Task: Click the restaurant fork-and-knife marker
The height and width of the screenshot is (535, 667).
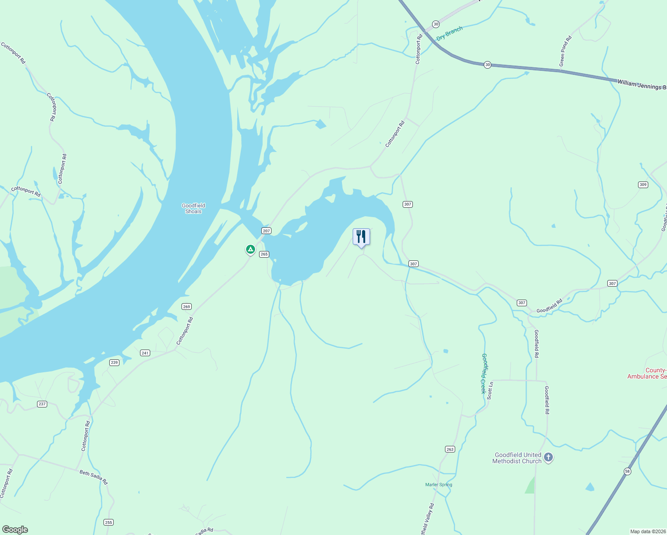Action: click(x=361, y=237)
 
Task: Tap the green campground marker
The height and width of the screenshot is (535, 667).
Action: click(x=251, y=249)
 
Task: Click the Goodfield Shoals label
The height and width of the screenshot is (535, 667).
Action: click(x=193, y=209)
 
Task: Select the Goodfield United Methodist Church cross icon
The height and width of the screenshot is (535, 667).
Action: click(x=548, y=457)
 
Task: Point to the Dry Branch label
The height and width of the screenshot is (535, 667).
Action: click(x=449, y=33)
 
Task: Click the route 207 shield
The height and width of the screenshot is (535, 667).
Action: click(x=266, y=231)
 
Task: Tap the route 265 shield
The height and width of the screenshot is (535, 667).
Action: click(x=264, y=254)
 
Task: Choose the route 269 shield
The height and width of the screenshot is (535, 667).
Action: click(x=186, y=306)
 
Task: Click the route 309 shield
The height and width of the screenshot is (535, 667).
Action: click(x=642, y=185)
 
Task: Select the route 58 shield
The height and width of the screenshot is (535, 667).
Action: click(x=627, y=471)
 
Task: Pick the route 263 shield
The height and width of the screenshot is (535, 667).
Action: click(x=450, y=449)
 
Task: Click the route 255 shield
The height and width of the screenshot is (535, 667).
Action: click(x=108, y=522)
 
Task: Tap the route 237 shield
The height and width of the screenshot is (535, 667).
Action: click(x=42, y=404)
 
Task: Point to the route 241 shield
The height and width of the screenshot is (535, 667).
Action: click(x=145, y=353)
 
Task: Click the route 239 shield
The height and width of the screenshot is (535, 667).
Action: click(x=115, y=362)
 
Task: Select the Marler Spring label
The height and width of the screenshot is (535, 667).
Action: click(x=439, y=485)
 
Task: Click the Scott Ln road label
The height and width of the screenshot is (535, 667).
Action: click(x=490, y=390)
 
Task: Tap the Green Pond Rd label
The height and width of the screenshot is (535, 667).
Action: click(x=565, y=51)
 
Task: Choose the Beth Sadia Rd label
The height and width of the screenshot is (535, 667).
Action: click(x=94, y=477)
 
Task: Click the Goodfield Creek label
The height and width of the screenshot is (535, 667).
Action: click(x=484, y=374)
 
